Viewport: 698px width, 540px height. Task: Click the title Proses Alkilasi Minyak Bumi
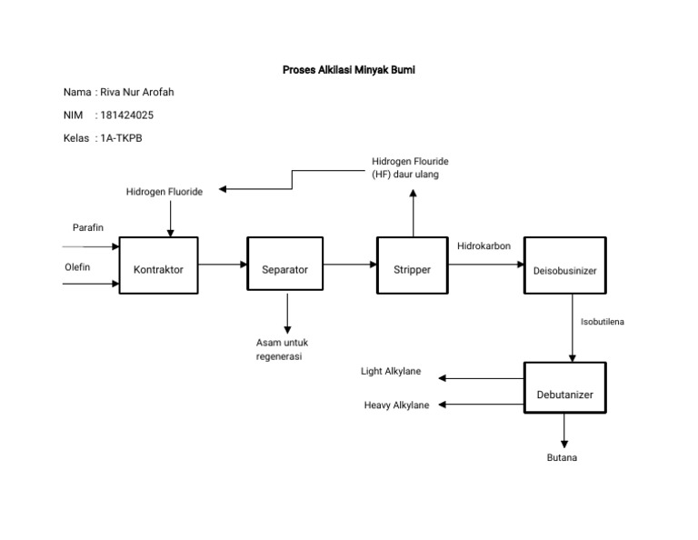pyautogui.click(x=349, y=70)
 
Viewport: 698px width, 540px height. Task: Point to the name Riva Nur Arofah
pyautogui.click(x=135, y=93)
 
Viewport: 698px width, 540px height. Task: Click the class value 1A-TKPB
pyautogui.click(x=122, y=138)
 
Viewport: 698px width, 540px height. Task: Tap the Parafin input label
pyautogui.click(x=88, y=226)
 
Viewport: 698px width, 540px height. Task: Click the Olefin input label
pyautogui.click(x=77, y=267)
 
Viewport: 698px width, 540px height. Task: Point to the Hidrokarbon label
pyautogui.click(x=484, y=246)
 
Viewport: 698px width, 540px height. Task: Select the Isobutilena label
pyautogui.click(x=603, y=322)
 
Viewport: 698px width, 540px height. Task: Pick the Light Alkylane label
pyautogui.click(x=390, y=372)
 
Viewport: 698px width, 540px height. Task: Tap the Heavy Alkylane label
pyautogui.click(x=396, y=405)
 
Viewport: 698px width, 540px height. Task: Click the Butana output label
pyautogui.click(x=562, y=457)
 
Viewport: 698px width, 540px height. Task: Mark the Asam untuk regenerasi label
pyautogui.click(x=282, y=349)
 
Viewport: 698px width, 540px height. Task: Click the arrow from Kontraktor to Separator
pyautogui.click(x=223, y=265)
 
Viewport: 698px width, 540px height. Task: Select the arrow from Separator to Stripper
pyautogui.click(x=350, y=265)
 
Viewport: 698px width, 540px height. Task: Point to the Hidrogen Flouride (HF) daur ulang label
pyautogui.click(x=410, y=167)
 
